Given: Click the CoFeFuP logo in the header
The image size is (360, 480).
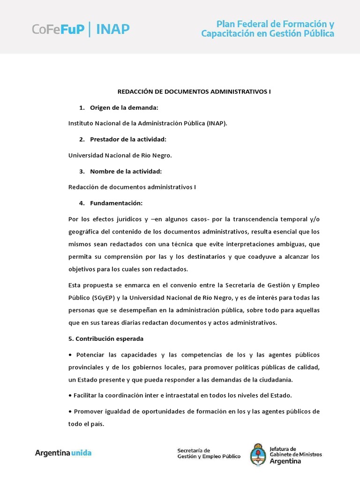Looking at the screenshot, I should click(58, 29).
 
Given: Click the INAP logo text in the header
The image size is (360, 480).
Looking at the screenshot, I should click(113, 29).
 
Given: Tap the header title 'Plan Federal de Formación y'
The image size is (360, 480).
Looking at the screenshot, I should click(275, 23).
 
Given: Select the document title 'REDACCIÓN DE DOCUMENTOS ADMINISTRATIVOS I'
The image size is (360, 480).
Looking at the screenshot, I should click(194, 92).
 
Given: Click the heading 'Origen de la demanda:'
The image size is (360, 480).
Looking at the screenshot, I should click(124, 108).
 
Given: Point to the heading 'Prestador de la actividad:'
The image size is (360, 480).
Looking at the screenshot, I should click(128, 139).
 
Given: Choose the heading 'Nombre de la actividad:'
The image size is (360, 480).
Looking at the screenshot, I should click(126, 171).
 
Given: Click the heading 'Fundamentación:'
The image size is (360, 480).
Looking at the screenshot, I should click(116, 203).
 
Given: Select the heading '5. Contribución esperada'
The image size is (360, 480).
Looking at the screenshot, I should click(106, 338).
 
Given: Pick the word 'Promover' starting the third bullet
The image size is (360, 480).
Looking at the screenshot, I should click(89, 411).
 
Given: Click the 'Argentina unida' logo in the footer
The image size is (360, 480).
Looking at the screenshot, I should click(63, 453).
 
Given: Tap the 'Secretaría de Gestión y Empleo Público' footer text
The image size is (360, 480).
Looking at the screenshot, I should click(209, 453).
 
